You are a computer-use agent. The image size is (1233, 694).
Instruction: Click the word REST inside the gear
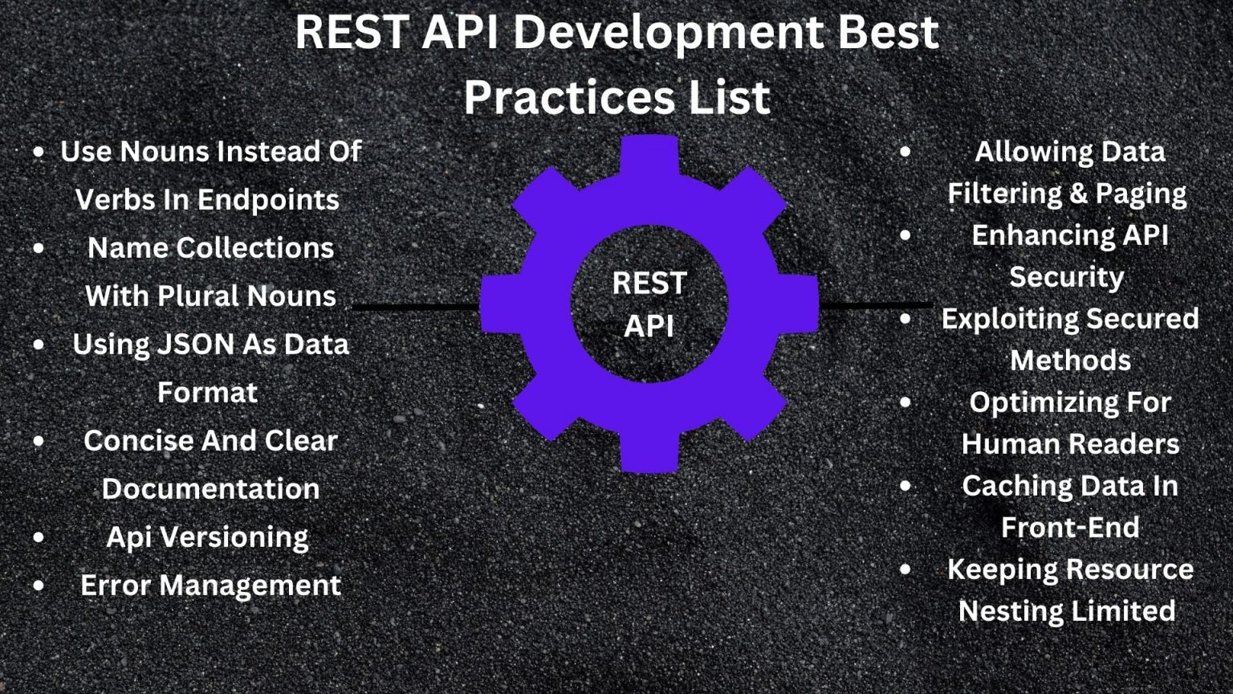(x=649, y=284)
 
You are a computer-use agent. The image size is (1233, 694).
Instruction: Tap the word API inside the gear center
(x=649, y=326)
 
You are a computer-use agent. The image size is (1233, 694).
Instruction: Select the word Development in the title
(x=668, y=33)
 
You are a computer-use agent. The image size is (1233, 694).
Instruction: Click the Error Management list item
(x=210, y=586)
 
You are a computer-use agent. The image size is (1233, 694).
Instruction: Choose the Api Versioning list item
(x=207, y=537)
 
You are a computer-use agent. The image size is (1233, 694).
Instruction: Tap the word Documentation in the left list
(x=210, y=489)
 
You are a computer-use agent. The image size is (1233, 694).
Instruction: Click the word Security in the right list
(x=1066, y=277)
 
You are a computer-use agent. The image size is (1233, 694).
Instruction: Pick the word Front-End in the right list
(x=1069, y=528)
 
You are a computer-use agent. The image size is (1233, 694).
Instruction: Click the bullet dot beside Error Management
(x=39, y=586)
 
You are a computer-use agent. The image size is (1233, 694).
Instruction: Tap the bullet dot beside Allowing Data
(x=905, y=151)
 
